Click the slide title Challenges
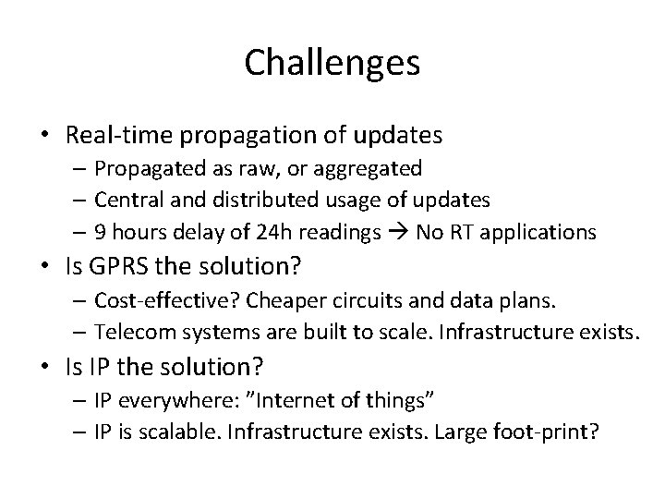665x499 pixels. [332, 63]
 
